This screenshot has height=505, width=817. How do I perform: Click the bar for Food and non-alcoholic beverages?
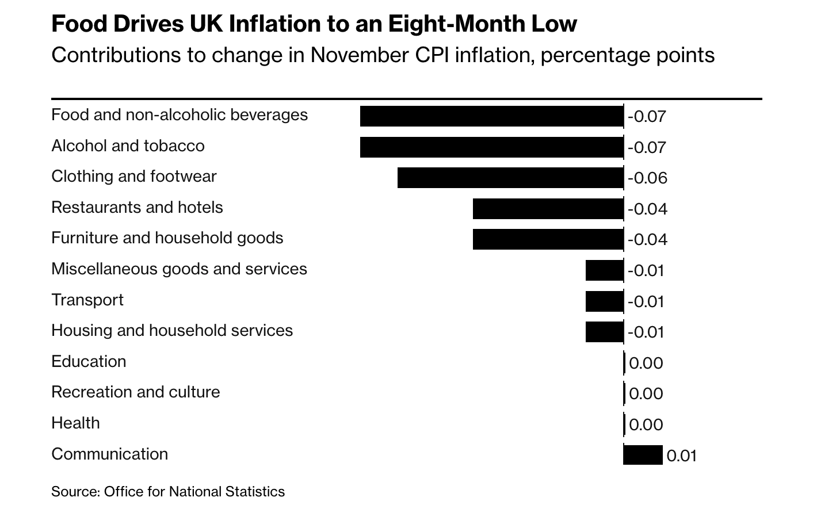pyautogui.click(x=491, y=116)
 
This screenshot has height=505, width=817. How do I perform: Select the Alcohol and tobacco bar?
pyautogui.click(x=491, y=147)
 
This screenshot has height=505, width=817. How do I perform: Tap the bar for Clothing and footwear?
pyautogui.click(x=510, y=178)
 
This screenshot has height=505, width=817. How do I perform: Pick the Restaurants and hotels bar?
pyautogui.click(x=548, y=209)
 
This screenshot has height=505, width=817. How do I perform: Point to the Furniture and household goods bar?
pyautogui.click(x=548, y=239)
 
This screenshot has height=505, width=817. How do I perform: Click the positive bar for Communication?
pyautogui.click(x=643, y=455)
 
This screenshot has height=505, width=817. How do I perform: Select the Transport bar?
pyautogui.click(x=604, y=301)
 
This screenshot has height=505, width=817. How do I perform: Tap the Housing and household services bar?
pyautogui.click(x=604, y=332)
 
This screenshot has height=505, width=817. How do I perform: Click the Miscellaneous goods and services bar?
pyautogui.click(x=604, y=270)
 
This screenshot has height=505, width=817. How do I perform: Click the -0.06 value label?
pyautogui.click(x=647, y=178)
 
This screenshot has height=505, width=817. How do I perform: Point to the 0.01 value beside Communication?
pyautogui.click(x=682, y=456)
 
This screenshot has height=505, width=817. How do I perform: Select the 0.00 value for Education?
pyautogui.click(x=646, y=364)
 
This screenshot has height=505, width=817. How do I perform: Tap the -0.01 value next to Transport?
pyautogui.click(x=646, y=302)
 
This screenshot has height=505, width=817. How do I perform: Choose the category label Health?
pyautogui.click(x=75, y=423)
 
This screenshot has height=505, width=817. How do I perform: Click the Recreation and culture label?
pyautogui.click(x=135, y=392)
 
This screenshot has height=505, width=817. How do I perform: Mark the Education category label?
pyautogui.click(x=89, y=362)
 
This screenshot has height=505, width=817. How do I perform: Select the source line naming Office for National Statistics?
pyautogui.click(x=168, y=492)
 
